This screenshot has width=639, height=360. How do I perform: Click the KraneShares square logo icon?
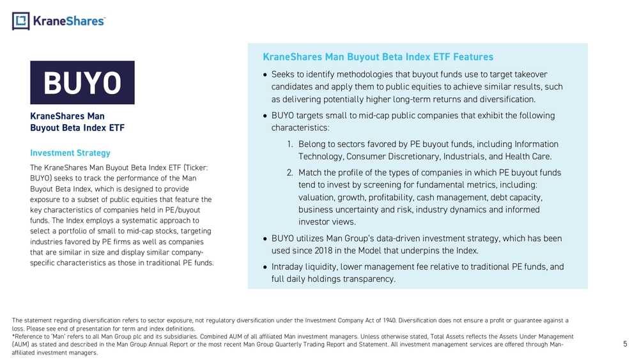point(21,21)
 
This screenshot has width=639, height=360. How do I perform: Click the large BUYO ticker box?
point(82,82)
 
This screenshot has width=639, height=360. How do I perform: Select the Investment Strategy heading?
point(70,153)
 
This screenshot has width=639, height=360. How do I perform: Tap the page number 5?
point(625,344)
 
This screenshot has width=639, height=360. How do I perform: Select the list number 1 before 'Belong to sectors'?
point(289,144)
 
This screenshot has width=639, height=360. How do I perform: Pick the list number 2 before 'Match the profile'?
point(289,173)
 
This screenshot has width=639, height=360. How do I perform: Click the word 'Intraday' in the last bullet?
point(290,267)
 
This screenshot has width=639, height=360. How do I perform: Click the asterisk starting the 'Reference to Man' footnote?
point(13,336)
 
